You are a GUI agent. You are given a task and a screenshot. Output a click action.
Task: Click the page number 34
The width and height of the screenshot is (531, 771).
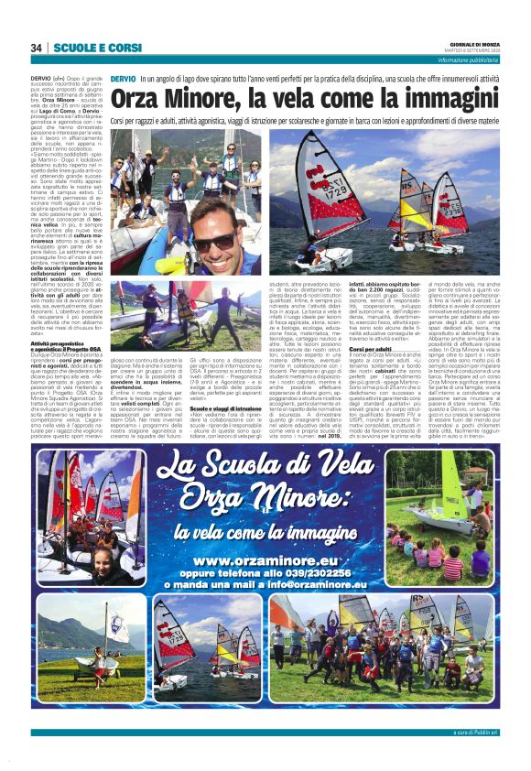[x=37, y=48]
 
